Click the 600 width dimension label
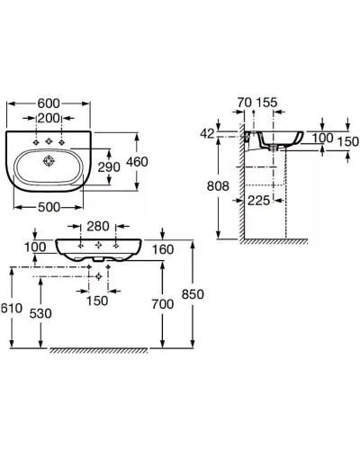49,103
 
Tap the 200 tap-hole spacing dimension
49,118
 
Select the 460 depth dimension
137,162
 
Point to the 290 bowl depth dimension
109,167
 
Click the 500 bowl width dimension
49,207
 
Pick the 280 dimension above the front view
98,226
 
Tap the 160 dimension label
163,249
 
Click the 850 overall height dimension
193,294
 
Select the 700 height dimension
163,304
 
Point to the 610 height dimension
12,308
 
